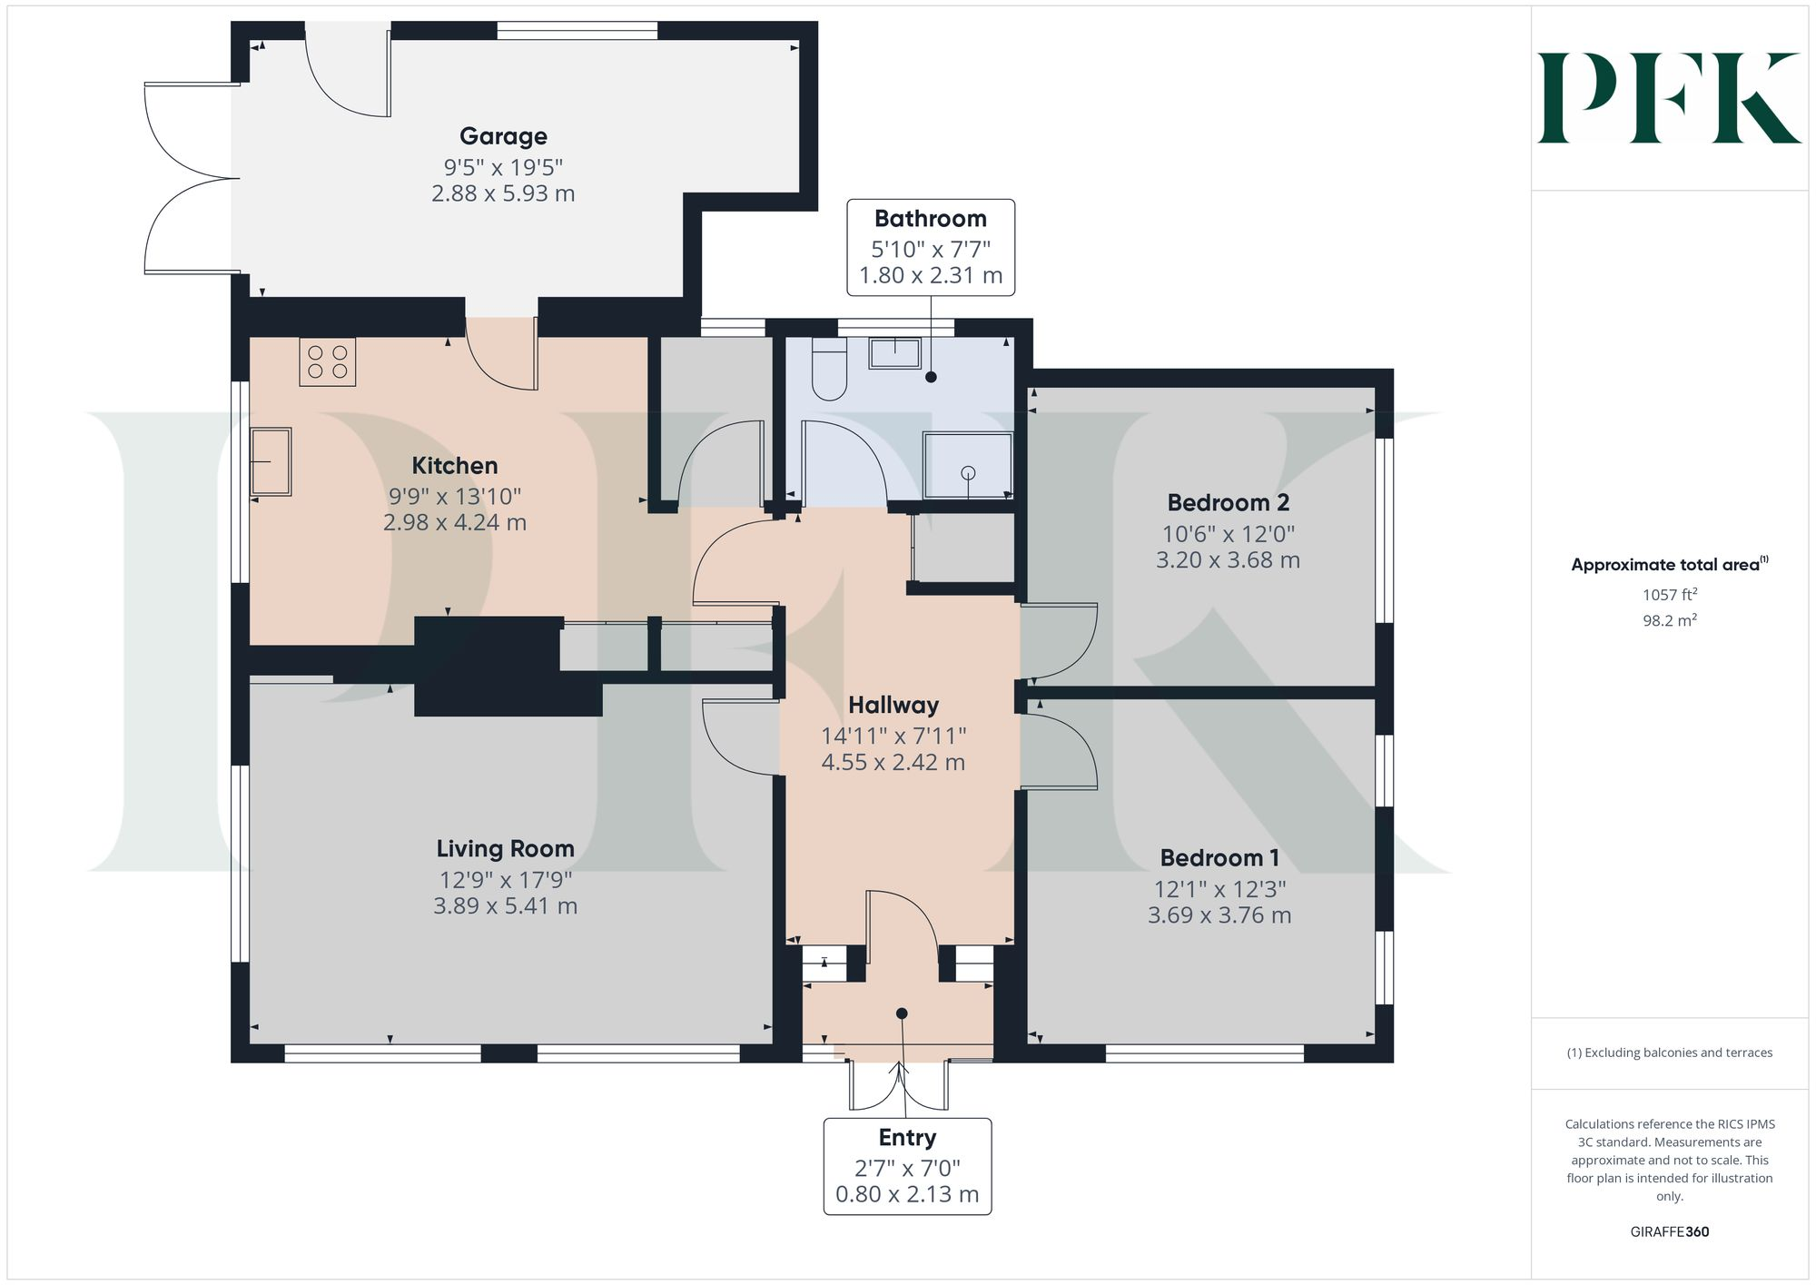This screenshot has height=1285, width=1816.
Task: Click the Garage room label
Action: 503,136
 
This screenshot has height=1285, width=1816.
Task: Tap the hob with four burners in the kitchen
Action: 327,361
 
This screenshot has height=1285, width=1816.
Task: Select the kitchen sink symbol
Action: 271,462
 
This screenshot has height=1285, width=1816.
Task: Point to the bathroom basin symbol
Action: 894,352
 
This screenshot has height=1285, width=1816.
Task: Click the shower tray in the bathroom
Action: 967,466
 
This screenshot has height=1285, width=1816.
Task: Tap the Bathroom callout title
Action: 930,219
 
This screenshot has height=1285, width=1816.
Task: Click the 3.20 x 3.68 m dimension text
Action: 1228,560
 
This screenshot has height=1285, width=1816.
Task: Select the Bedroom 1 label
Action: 1219,857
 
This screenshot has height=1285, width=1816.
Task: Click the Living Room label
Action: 505,848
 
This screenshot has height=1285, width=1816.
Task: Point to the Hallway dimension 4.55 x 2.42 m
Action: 893,763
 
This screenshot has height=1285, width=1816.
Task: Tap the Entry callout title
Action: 907,1138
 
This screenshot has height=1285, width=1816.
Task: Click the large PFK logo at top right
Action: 1669,98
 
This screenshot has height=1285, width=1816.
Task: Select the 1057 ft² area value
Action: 1669,595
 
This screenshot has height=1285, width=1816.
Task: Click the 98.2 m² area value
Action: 1669,620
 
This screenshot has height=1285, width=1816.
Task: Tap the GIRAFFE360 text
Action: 1669,1232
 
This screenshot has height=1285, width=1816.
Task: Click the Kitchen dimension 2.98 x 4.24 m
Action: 454,523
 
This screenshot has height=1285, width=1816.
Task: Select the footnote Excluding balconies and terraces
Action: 1669,1053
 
